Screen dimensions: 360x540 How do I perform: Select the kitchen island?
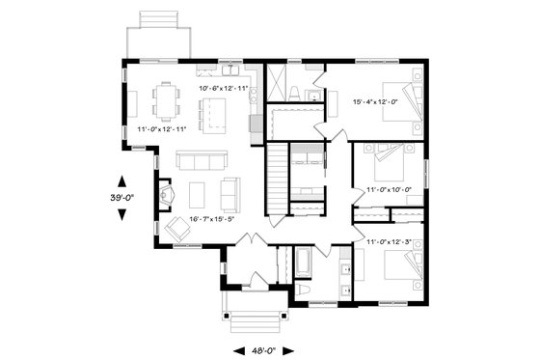(212, 115)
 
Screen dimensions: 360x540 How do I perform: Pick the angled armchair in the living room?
(177, 230)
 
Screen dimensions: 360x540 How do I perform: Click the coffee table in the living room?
(198, 195)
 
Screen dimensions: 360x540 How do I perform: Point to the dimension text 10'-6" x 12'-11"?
(224, 88)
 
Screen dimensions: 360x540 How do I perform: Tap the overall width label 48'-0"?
(267, 350)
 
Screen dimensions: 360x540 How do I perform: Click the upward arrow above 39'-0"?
(122, 180)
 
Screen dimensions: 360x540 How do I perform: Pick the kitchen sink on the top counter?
(231, 71)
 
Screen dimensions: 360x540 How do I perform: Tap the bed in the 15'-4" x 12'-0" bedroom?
(403, 100)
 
